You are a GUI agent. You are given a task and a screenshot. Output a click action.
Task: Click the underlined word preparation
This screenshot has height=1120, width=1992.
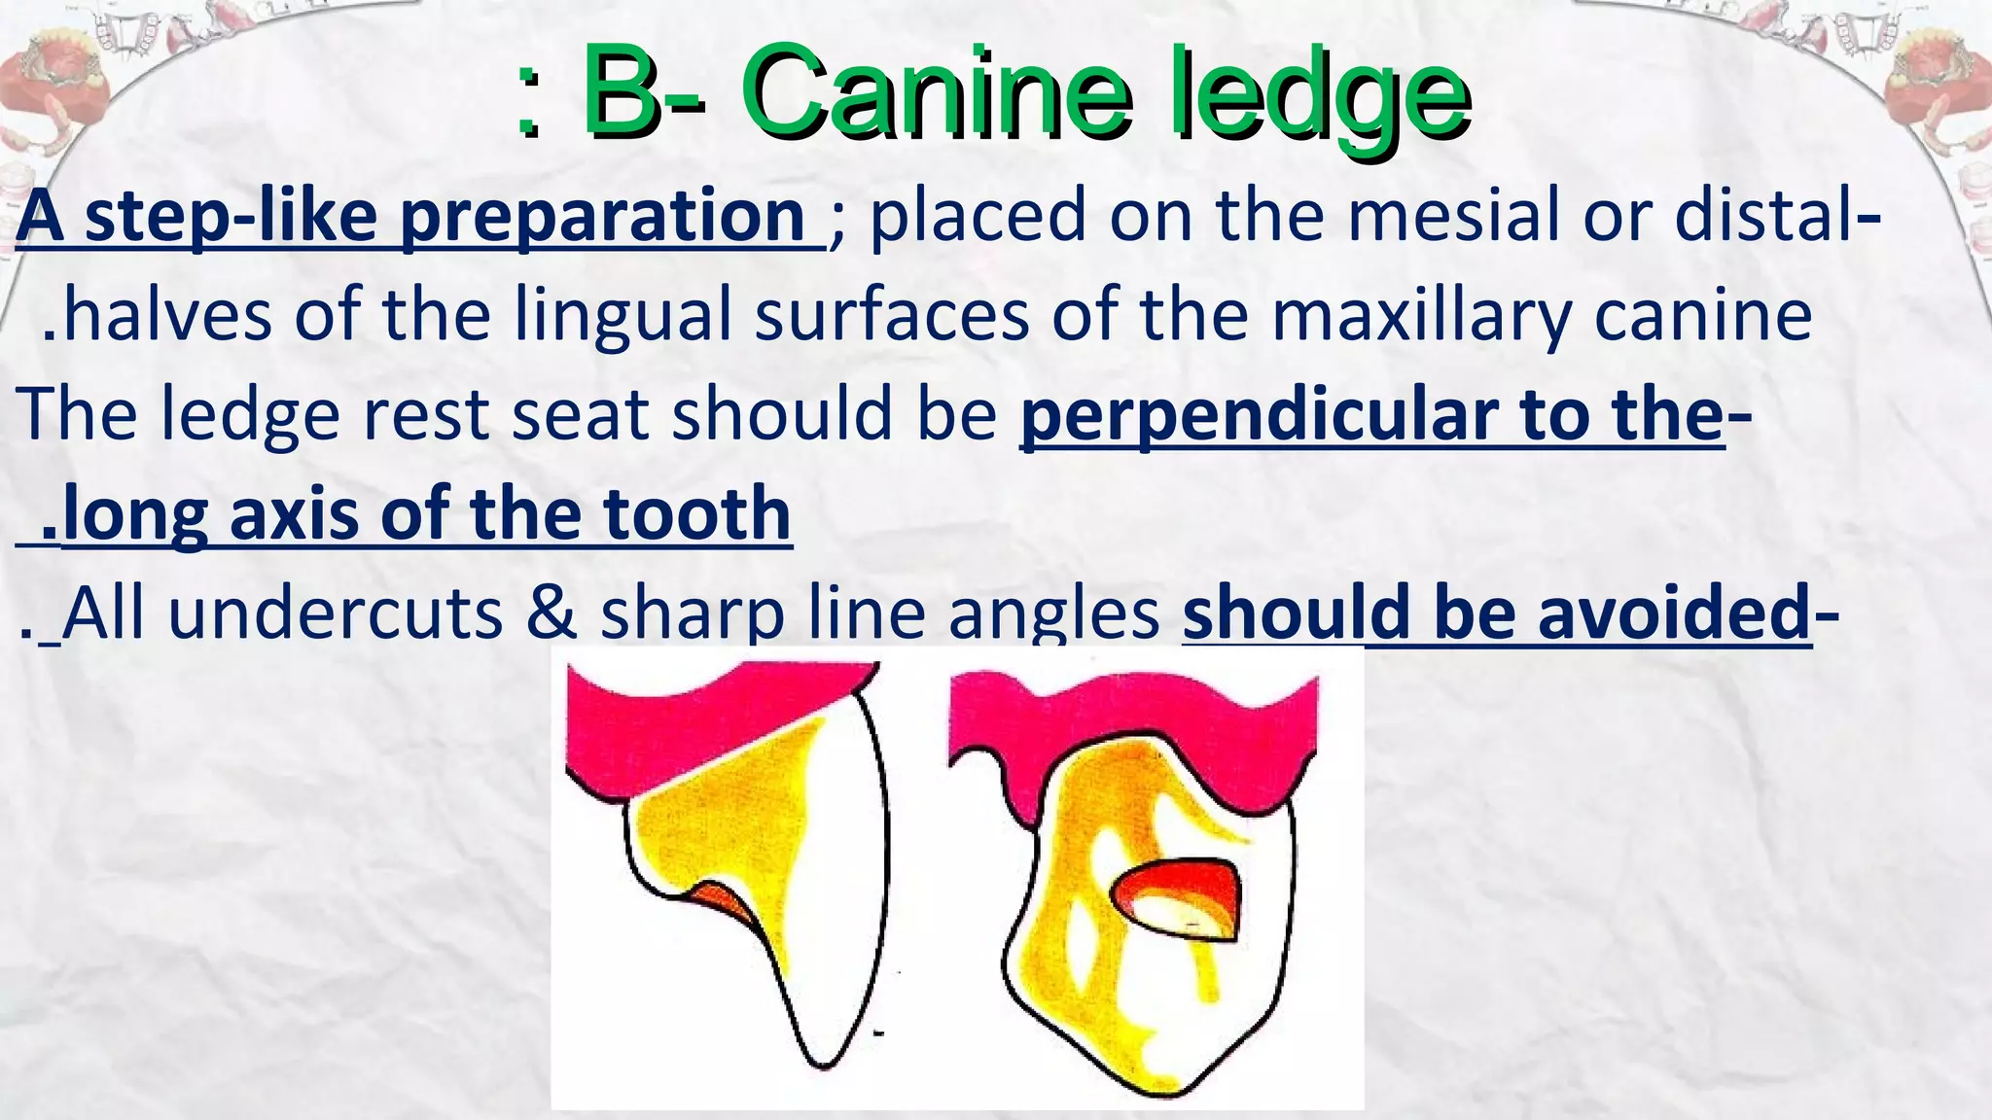[602, 218]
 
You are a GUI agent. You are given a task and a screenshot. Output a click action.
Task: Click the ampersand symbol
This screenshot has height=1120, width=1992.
[552, 614]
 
